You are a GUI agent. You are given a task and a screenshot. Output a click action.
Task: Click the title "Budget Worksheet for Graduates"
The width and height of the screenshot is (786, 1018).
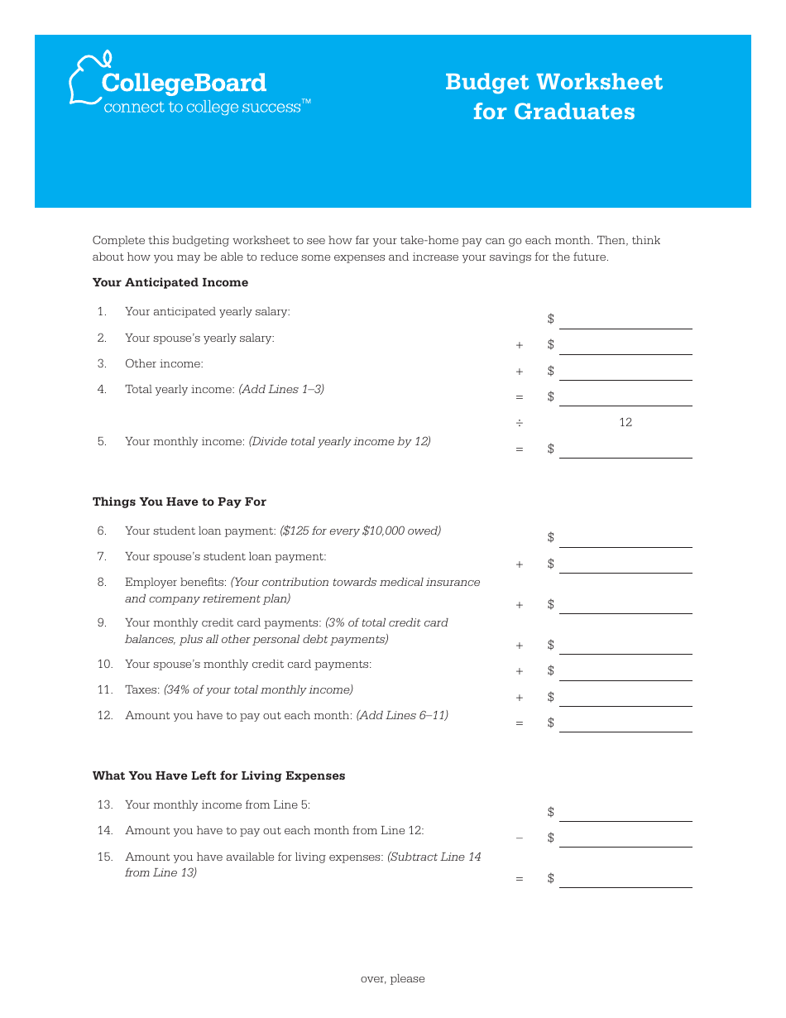point(554,96)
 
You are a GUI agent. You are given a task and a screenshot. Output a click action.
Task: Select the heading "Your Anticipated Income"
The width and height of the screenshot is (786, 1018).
point(170,282)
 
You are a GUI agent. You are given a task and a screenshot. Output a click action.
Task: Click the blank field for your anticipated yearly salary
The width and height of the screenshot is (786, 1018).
point(625,319)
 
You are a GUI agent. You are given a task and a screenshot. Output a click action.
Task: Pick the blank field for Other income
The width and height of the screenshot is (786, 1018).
point(625,371)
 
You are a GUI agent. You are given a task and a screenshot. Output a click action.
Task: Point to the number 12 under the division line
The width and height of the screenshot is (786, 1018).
point(625,422)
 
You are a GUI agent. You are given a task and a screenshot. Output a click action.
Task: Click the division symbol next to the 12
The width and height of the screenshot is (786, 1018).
point(520,423)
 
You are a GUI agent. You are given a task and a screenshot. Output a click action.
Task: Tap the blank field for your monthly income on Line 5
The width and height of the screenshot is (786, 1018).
point(625,449)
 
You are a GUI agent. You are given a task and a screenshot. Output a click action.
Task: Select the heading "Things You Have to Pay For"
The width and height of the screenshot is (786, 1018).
point(180,502)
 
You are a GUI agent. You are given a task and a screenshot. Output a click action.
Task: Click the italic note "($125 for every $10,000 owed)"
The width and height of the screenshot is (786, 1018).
point(360,531)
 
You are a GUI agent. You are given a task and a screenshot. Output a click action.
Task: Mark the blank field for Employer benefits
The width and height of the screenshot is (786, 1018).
point(625,604)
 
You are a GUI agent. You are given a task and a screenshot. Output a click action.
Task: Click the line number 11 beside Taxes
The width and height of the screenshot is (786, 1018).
point(104,689)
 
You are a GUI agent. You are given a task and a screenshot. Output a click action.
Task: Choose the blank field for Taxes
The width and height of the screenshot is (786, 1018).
point(625,697)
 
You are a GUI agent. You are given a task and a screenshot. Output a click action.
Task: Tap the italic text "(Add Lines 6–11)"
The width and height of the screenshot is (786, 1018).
point(402,715)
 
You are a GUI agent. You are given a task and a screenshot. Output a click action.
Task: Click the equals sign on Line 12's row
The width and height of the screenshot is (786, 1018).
point(520,723)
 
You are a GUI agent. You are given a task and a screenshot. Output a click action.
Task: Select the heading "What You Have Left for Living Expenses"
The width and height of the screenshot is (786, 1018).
point(218,776)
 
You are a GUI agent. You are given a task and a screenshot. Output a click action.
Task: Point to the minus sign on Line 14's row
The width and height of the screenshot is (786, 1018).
point(520,838)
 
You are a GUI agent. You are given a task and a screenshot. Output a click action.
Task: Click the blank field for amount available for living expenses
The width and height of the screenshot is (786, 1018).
point(625,878)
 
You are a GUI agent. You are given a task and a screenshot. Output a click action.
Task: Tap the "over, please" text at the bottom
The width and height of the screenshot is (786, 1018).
point(392,978)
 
